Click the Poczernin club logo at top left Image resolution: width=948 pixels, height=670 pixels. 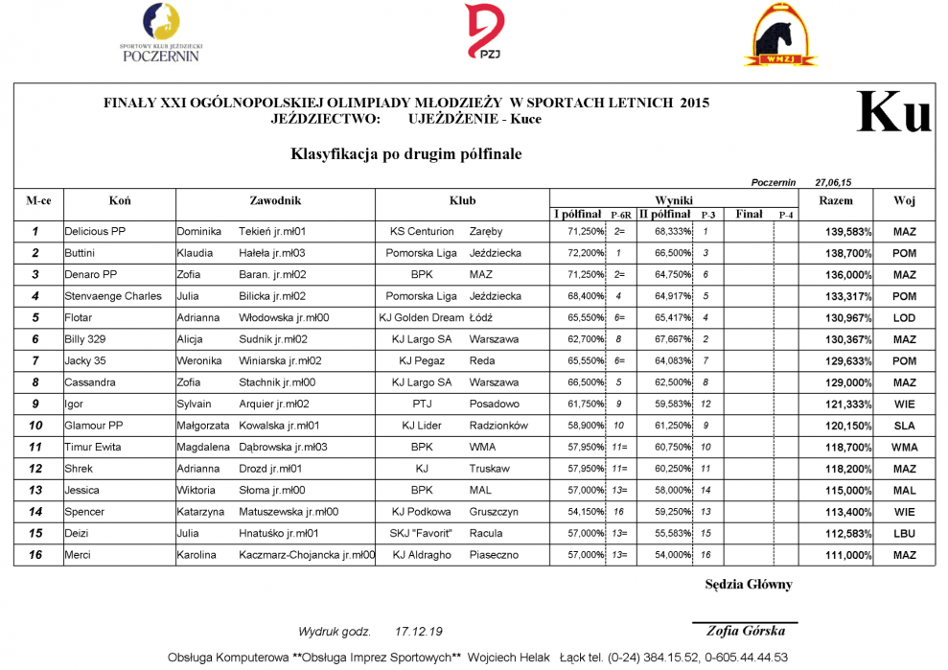160,33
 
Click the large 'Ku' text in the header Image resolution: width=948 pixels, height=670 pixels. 893,113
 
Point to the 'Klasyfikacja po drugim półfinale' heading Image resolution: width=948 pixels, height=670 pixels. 405,153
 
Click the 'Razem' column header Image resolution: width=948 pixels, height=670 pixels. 836,201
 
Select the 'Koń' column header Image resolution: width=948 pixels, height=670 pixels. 120,201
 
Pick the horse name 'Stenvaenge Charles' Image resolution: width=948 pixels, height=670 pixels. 113,296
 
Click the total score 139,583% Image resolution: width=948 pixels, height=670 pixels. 848,232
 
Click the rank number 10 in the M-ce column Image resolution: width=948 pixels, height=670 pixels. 35,426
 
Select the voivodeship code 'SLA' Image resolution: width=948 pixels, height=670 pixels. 904,426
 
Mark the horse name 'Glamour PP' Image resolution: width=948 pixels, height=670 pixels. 94,426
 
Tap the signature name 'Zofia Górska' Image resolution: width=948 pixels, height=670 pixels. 745,631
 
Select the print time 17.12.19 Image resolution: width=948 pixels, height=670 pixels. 418,632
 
